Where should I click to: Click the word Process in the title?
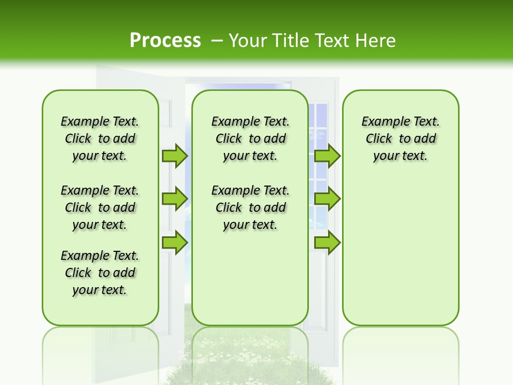click(x=165, y=40)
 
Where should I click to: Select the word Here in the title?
click(x=376, y=40)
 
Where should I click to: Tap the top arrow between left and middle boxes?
click(x=175, y=156)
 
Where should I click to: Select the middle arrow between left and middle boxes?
click(x=175, y=198)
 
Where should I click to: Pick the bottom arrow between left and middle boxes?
click(x=175, y=242)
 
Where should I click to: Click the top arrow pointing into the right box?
click(x=327, y=156)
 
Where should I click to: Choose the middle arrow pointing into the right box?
click(x=327, y=198)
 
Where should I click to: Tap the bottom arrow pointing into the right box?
click(x=327, y=242)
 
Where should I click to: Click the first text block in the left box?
click(x=100, y=138)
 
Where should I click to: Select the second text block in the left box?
click(x=100, y=207)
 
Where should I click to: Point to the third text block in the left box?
click(x=100, y=273)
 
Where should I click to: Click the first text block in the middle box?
click(x=250, y=138)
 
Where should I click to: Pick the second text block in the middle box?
click(x=250, y=207)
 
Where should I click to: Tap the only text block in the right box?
click(x=400, y=138)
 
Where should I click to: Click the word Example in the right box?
click(x=382, y=122)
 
